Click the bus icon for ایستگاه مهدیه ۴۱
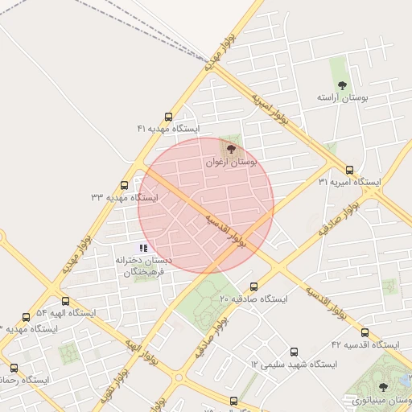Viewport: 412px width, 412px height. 168,117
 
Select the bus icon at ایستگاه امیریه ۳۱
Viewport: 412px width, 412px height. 349,170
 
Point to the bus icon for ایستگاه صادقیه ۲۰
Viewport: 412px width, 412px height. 254,286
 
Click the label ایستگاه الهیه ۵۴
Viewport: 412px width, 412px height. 65,312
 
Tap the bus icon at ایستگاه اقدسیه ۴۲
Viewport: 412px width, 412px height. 365,332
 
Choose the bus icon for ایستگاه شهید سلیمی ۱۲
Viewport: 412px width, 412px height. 294,352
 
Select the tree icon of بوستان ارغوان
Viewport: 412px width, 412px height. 232,149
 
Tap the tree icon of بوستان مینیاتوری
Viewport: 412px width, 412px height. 382,387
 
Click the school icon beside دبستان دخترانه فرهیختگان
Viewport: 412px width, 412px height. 142,248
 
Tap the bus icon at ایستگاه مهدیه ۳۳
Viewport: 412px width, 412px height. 124,185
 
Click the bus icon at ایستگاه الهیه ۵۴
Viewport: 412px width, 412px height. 27,317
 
